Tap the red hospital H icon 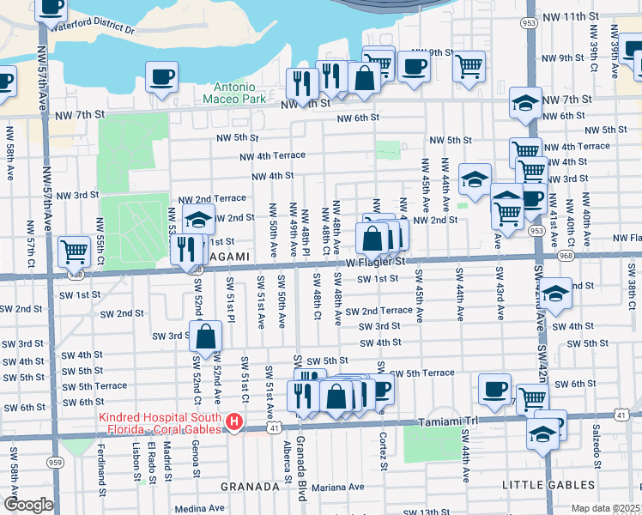233,422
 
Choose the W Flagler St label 374,263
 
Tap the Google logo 28,505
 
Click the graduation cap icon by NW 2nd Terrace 198,220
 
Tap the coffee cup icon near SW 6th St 494,388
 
